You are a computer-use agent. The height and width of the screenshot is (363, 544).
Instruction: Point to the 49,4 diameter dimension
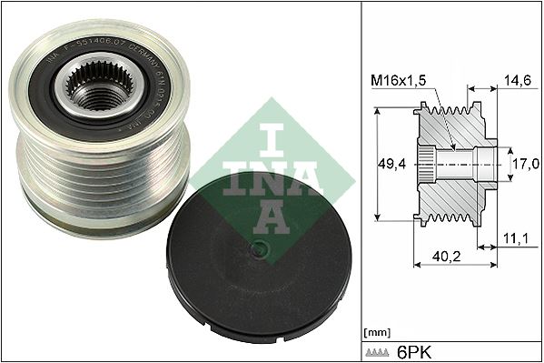pos(391,164)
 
